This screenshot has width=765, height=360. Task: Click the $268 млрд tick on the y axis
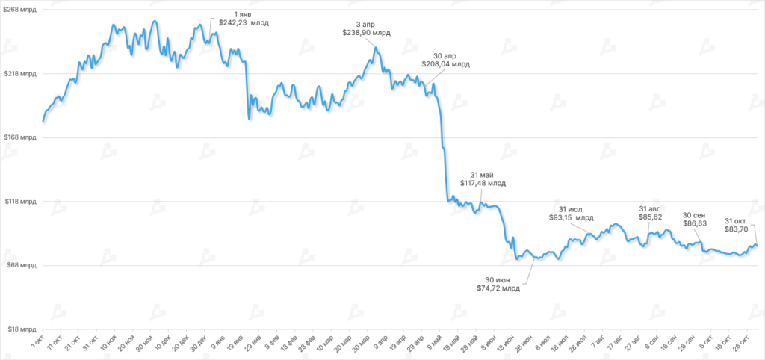(19, 10)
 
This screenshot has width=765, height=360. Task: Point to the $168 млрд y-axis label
(19, 137)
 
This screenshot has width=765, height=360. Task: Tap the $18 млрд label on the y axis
(21, 329)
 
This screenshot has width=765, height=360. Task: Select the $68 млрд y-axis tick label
(21, 265)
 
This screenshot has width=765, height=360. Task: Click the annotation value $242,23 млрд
(243, 23)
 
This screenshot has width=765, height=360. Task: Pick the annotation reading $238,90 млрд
(366, 33)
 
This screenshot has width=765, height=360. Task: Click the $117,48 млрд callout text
(481, 183)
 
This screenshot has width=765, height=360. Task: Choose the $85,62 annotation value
(651, 217)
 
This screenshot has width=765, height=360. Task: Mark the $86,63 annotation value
(695, 223)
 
